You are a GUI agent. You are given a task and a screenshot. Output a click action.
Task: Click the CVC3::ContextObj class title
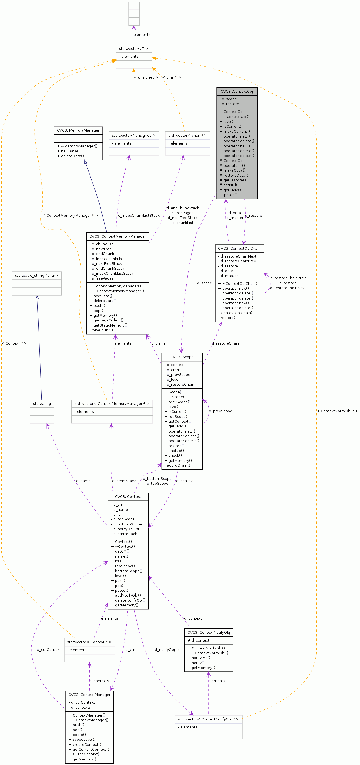tap(237, 92)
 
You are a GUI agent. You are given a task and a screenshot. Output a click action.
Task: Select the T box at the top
tap(134, 6)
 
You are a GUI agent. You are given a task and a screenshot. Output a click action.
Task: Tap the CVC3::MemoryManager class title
tap(78, 130)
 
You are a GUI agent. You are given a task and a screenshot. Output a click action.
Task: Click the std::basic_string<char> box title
tap(37, 275)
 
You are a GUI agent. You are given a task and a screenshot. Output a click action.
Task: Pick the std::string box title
tap(42, 403)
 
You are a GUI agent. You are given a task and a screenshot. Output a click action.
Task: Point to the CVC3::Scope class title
tap(182, 357)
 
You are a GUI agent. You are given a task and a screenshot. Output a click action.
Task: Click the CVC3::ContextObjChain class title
tap(239, 249)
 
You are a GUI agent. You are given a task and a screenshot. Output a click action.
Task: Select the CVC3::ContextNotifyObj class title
tap(209, 633)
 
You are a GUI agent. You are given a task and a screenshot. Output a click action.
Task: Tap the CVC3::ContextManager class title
tap(89, 695)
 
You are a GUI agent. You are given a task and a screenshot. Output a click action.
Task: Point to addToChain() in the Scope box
tap(178, 465)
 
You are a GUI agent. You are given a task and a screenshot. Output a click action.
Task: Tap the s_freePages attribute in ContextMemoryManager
tap(103, 278)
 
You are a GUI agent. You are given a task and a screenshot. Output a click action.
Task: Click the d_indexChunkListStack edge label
tap(139, 215)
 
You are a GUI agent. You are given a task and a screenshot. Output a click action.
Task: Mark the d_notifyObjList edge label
tap(167, 650)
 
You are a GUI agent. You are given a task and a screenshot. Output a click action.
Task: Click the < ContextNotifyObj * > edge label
tap(337, 411)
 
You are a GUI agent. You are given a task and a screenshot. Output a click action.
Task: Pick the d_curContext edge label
tap(49, 650)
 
